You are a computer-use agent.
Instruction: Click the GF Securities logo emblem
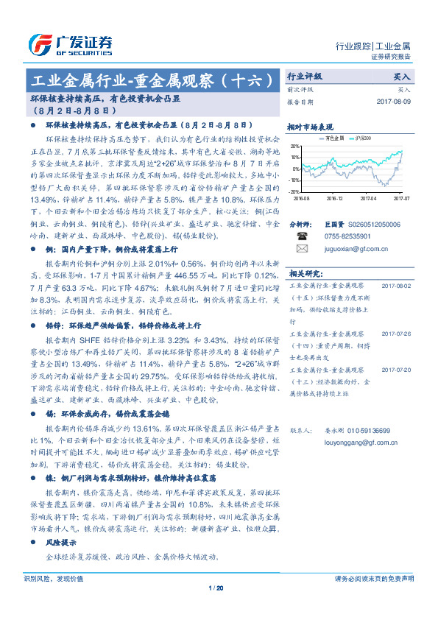pos(38,43)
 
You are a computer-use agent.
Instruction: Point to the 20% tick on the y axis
pos(295,146)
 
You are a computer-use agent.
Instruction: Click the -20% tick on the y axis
pos(294,191)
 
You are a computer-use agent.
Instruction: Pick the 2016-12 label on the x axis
pos(336,197)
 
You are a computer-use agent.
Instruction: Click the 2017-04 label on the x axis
pos(370,197)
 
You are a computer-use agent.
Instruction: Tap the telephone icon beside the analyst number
pos(301,236)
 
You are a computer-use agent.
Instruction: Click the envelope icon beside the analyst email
pos(301,249)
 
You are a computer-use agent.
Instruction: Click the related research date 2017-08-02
pos(396,283)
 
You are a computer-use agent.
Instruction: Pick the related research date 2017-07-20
pos(396,370)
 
